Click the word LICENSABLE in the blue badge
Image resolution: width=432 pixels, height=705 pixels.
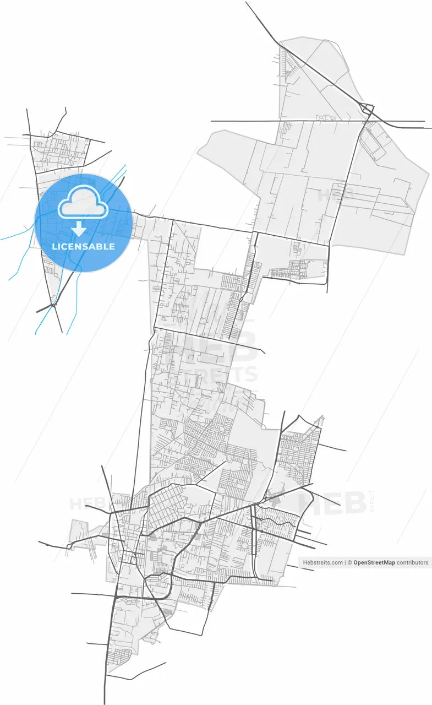(83, 246)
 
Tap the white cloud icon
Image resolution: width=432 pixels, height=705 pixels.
(83, 204)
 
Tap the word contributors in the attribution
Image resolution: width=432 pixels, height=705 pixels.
(413, 562)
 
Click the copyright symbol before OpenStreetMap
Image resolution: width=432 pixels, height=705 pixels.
(349, 562)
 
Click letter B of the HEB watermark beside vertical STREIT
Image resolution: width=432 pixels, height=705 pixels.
(354, 502)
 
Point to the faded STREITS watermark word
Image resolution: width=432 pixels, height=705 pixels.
(212, 375)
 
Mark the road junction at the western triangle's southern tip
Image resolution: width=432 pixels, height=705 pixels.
(53, 303)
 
